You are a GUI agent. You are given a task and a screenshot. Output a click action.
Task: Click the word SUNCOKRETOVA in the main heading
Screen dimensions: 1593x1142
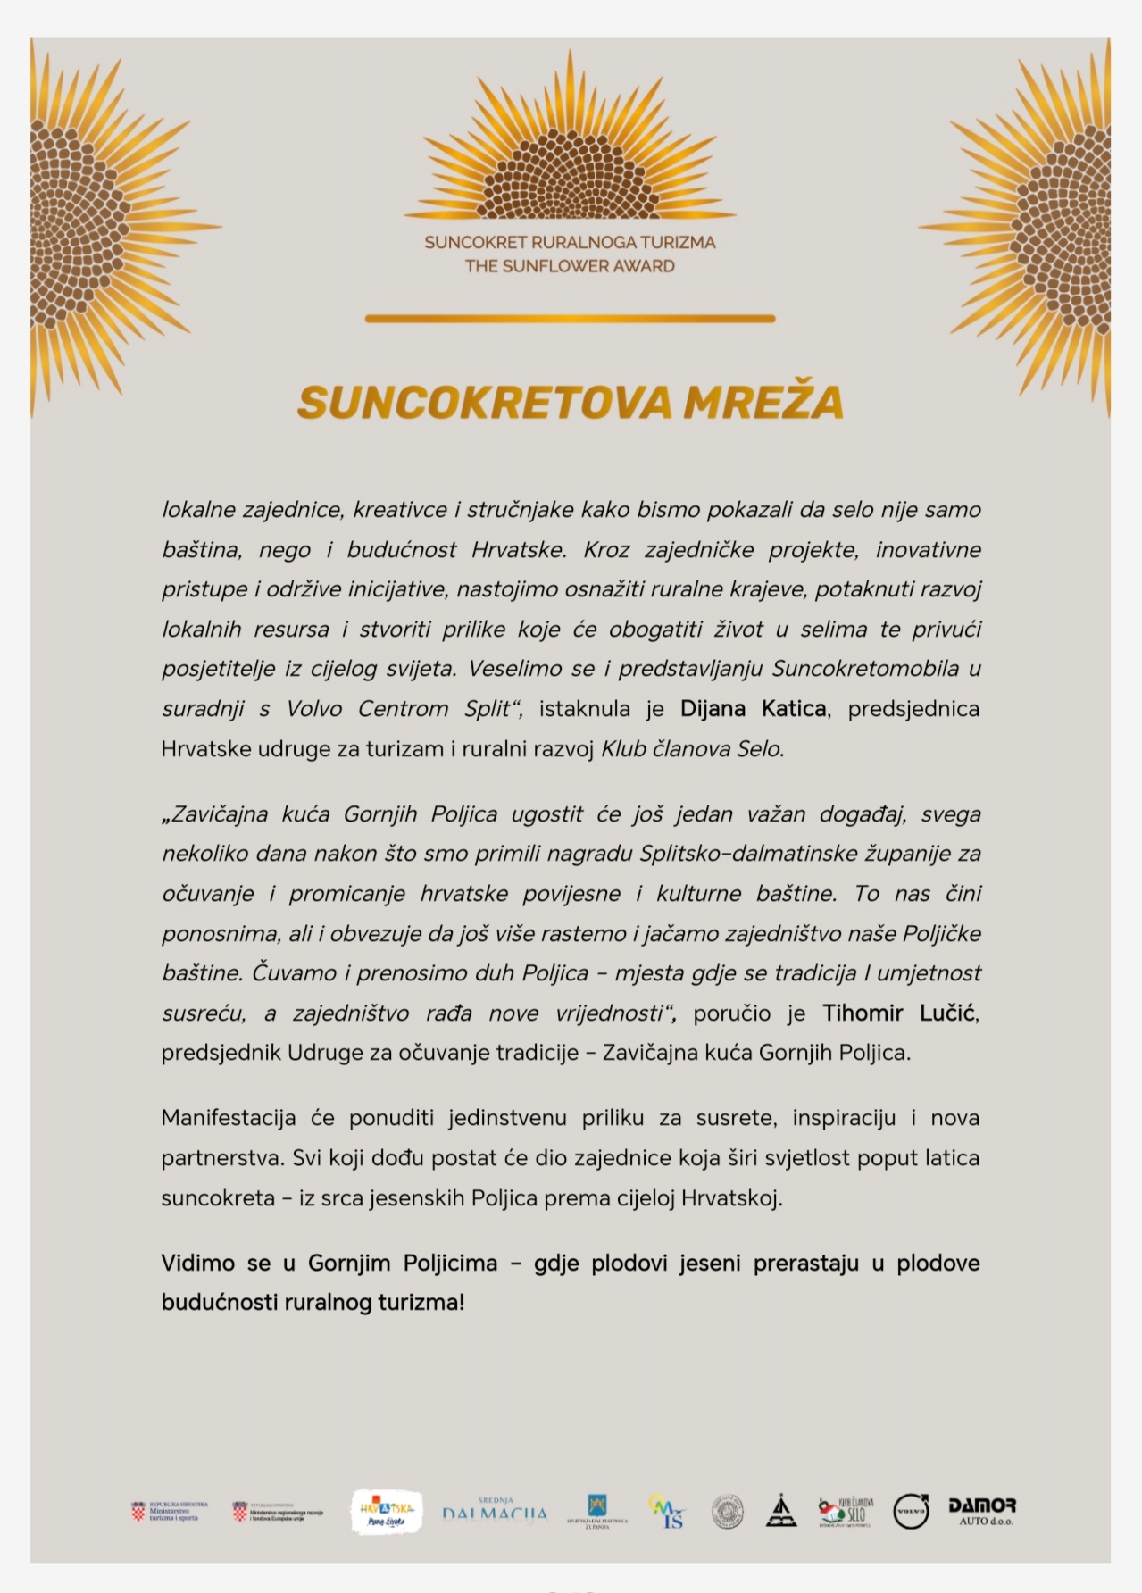tap(485, 403)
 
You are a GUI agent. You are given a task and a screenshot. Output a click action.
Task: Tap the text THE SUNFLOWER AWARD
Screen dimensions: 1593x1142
tap(570, 266)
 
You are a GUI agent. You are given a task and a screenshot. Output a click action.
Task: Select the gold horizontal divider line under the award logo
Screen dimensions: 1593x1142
tap(570, 319)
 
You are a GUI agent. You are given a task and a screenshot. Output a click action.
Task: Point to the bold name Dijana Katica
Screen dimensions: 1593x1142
tap(753, 709)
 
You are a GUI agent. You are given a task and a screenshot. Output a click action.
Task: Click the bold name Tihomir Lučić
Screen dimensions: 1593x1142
tap(900, 1013)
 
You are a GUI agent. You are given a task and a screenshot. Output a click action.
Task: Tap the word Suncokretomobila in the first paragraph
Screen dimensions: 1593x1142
tap(865, 669)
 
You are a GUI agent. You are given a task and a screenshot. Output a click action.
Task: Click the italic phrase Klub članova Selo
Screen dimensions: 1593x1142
tap(692, 749)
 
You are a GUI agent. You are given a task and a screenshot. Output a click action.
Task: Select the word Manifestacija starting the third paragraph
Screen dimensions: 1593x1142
tap(229, 1118)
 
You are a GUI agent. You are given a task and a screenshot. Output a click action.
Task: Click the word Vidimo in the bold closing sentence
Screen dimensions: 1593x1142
tap(192, 1263)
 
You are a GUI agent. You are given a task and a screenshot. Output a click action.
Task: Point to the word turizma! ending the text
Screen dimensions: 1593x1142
tap(421, 1303)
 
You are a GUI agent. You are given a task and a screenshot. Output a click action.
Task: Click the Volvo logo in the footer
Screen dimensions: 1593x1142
tap(912, 1511)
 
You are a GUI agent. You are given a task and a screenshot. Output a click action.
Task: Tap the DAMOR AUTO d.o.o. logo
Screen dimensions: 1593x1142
tap(981, 1511)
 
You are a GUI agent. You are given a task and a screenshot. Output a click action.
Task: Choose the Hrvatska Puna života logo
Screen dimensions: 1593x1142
tap(387, 1512)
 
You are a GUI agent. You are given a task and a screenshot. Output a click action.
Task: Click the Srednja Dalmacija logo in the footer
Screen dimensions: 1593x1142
tap(495, 1511)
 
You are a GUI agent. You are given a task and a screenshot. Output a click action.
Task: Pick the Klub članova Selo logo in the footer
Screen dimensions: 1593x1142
tap(845, 1512)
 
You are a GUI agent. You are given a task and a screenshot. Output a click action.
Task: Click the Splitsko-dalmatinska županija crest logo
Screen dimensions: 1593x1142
tap(596, 1511)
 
